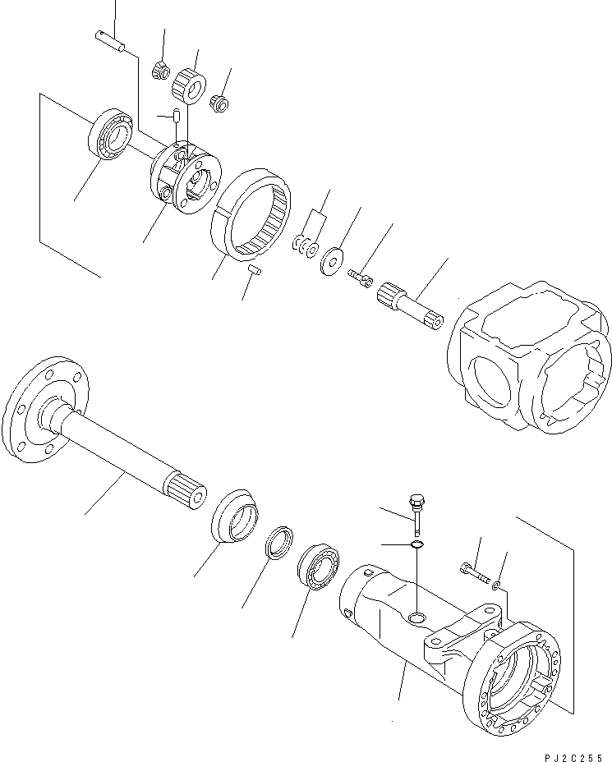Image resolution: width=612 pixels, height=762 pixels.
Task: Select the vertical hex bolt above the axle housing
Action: (x=415, y=512)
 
